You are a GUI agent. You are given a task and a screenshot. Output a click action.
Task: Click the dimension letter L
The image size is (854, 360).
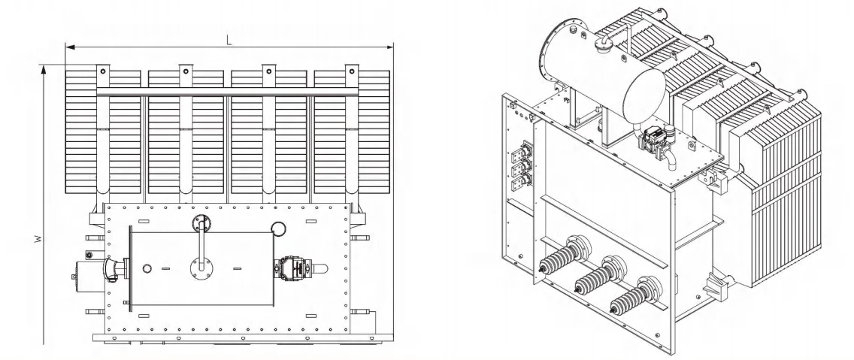click(x=229, y=40)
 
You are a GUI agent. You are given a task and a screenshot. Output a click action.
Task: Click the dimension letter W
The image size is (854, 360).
click(x=38, y=238)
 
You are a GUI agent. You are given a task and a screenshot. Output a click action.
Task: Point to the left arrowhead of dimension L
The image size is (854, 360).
click(x=69, y=47)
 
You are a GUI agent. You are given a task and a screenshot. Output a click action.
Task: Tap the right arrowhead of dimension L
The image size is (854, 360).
click(x=389, y=47)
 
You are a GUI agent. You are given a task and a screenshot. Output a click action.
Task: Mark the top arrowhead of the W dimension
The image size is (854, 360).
click(x=44, y=69)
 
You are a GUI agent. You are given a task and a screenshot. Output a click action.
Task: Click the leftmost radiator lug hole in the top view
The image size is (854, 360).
click(x=103, y=71)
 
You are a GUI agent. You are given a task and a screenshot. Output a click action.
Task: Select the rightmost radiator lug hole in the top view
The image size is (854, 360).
click(x=352, y=71)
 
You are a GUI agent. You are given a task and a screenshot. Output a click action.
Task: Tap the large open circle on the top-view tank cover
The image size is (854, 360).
click(x=278, y=228)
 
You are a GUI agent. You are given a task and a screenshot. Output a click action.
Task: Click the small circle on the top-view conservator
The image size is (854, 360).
click(x=147, y=268)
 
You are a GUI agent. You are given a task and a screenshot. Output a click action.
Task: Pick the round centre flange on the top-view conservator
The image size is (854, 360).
click(x=201, y=268)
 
